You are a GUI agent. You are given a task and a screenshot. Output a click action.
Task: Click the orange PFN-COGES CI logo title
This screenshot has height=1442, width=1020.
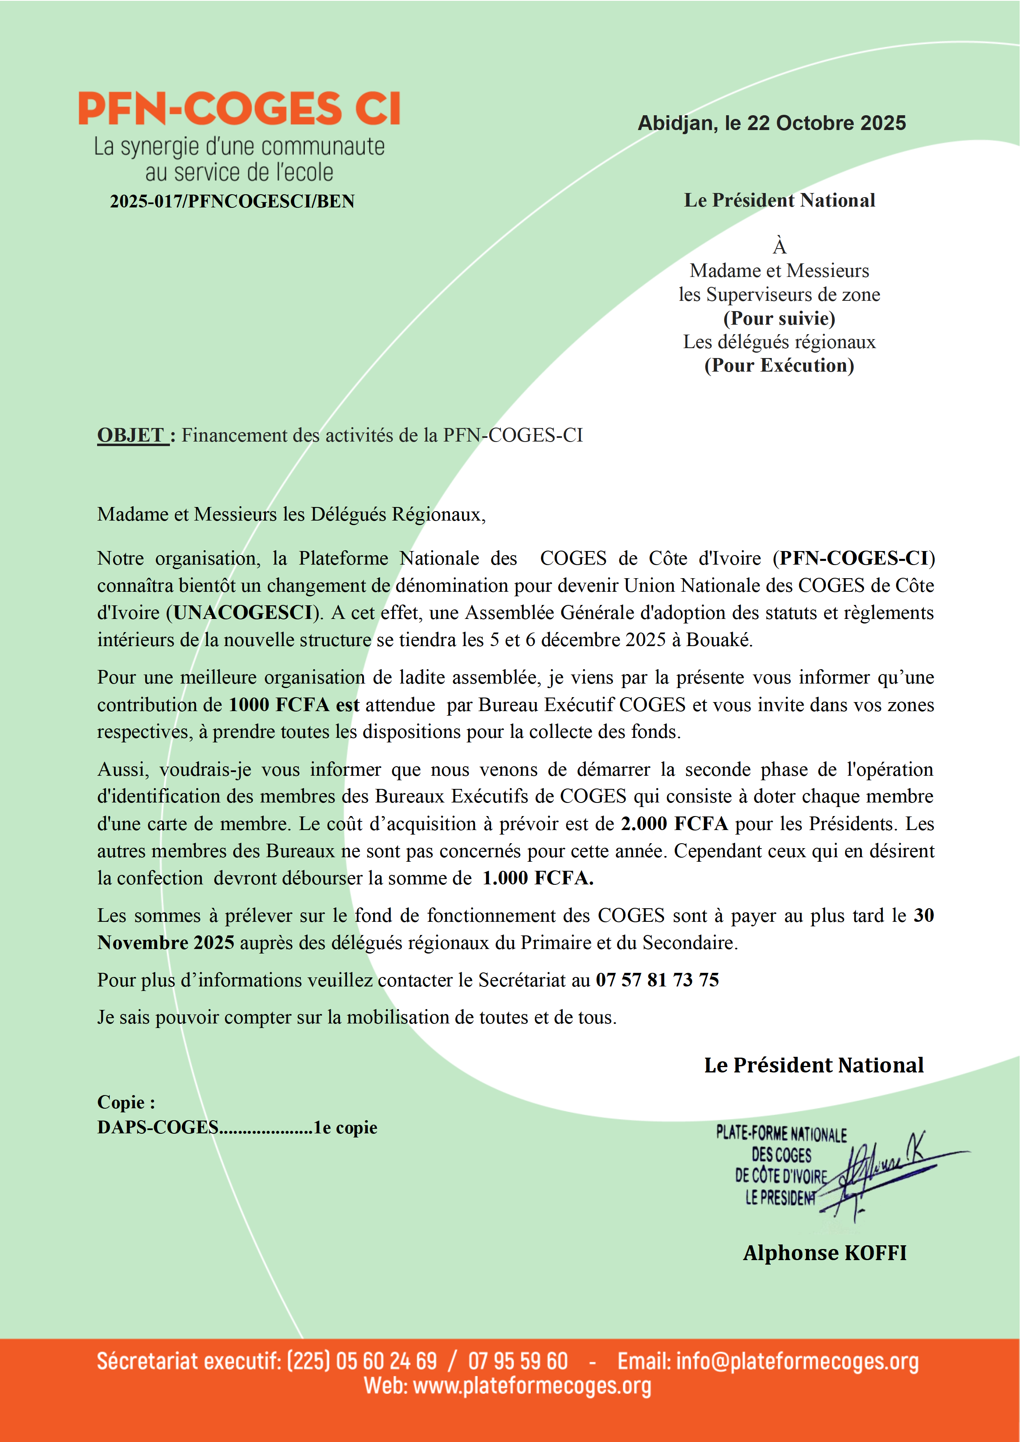239,109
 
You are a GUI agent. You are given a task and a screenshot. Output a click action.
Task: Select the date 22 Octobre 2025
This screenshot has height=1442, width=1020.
826,123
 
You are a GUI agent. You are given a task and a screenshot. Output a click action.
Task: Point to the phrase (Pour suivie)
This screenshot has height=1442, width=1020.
779,319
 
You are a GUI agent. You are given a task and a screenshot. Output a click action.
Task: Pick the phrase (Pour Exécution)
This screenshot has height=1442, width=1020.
779,365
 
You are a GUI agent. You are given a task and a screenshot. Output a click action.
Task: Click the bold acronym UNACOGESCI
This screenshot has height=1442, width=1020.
244,612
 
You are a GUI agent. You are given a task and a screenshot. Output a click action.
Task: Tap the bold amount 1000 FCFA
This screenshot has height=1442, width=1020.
279,705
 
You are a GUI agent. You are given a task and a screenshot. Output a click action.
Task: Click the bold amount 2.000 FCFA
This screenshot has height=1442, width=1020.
674,823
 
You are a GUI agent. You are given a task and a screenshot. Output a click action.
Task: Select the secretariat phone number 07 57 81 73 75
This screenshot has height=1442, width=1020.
657,980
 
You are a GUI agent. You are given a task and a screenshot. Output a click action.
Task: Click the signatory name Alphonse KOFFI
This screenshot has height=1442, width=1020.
825,1253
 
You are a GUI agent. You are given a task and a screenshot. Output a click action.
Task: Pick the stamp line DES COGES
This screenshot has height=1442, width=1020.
781,1155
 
